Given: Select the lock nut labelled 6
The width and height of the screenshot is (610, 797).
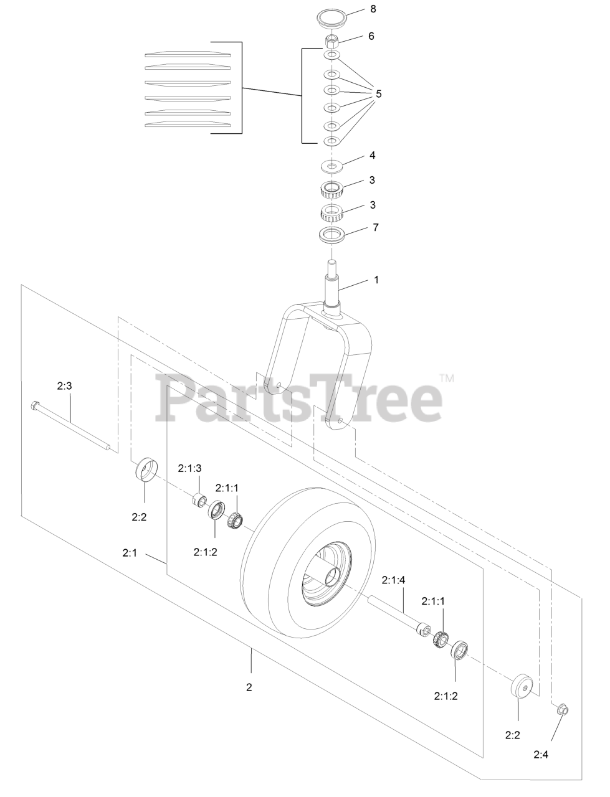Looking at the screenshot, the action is pos(332,43).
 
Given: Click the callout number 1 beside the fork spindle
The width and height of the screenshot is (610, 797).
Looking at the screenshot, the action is pos(376,280).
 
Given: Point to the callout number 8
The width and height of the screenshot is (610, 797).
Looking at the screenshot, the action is pos(373,9).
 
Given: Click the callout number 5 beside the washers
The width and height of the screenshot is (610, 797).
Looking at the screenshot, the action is pos(378,94).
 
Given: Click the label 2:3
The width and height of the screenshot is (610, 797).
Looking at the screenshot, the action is pos(64,386).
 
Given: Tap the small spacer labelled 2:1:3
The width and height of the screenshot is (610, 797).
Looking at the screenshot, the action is pos(200,500).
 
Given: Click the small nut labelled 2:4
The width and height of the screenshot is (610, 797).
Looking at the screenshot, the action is pos(561,710).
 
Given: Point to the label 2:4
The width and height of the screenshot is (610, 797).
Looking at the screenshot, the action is pos(541,755).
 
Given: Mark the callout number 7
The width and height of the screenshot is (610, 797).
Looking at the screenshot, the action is pos(375,227).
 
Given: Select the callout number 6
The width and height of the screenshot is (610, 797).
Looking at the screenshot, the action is pos(371,36).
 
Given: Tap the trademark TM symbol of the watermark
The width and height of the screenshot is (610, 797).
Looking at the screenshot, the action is pos(446,378).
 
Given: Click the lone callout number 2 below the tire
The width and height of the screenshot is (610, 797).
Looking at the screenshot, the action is pos(249,687).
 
